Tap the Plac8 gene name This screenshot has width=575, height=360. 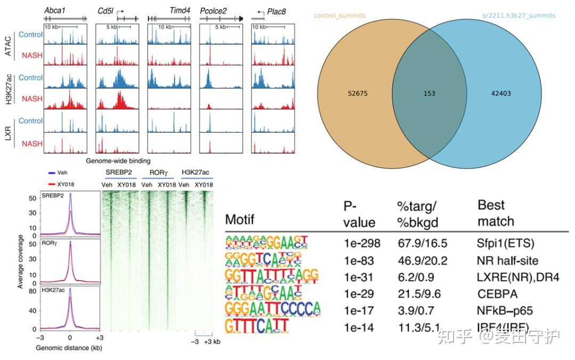283,11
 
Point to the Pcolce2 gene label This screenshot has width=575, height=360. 213,11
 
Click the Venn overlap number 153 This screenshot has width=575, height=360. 429,94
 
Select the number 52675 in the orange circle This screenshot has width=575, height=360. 357,94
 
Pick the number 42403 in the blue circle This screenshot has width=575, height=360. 501,94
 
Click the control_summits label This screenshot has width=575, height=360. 340,15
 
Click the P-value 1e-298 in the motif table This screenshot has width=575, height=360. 362,243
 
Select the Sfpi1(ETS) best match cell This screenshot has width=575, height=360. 505,243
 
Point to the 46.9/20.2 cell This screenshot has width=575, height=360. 423,260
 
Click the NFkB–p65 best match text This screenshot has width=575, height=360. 505,310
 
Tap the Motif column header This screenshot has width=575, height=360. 240,219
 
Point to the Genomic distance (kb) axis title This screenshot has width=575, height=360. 69,348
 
